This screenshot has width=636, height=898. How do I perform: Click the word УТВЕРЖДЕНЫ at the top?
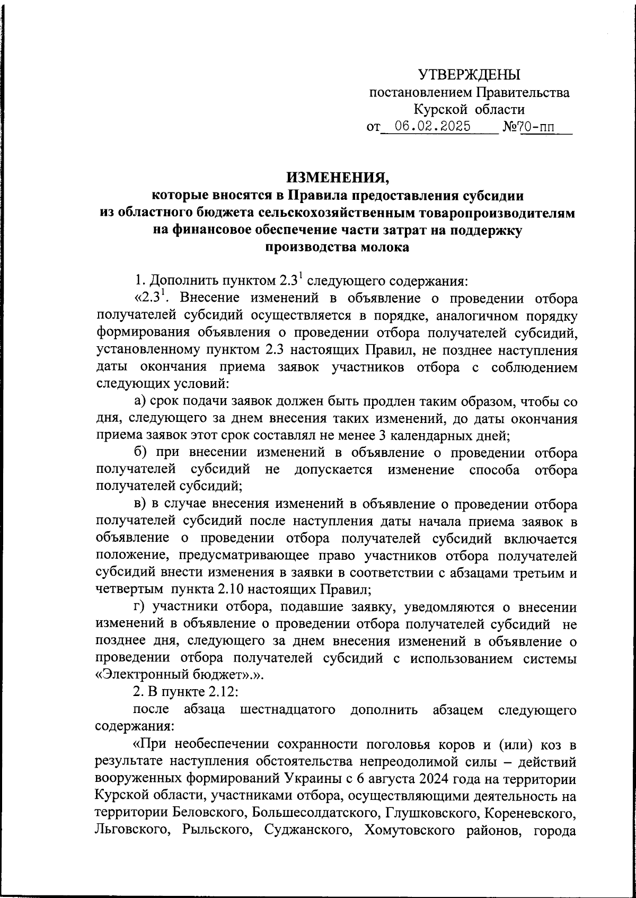click(469, 74)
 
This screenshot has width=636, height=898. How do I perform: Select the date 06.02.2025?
click(432, 127)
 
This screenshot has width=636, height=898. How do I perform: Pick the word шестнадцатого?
click(287, 709)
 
